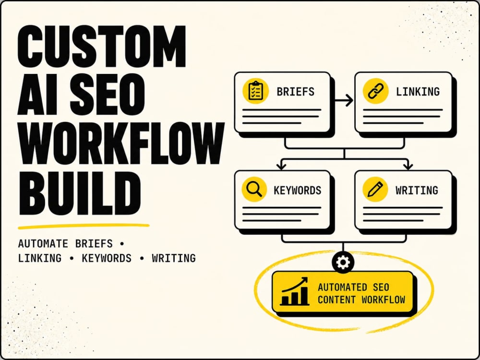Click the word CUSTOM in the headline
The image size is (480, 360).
pos(102,46)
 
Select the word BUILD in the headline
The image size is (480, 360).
pos(80,193)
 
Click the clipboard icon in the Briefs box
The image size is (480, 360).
pos(256,91)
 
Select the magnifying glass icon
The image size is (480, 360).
pos(254,189)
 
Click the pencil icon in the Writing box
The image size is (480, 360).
pos(375,189)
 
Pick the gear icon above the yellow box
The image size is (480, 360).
pos(343,262)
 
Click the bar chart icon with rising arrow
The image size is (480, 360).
pos(295,291)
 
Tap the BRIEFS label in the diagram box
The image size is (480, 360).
pos(295,92)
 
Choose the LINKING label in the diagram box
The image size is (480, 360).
pos(418,92)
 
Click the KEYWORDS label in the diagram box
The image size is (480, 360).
pos(298,190)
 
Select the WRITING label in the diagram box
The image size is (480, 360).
pos(417,190)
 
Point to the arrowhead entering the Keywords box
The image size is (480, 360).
pos(281,167)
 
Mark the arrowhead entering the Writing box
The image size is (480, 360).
pos(408,167)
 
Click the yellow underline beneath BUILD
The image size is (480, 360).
pos(84,226)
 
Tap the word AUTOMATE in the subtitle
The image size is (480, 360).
pos(43,244)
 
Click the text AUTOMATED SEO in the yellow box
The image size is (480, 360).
pos(353,287)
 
